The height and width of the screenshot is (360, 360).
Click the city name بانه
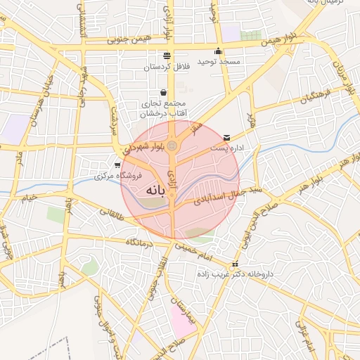pyautogui.click(x=156, y=191)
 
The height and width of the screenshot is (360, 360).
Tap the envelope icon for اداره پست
pyautogui.click(x=226, y=137)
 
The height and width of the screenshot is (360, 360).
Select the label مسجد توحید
pyautogui.click(x=219, y=62)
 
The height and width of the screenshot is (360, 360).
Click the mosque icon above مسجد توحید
pyautogui.click(x=219, y=51)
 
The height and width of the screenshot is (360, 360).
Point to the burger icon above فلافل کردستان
pyautogui.click(x=167, y=56)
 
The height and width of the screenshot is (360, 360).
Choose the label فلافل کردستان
pyautogui.click(x=167, y=67)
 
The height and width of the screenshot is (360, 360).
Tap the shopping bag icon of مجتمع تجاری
pyautogui.click(x=164, y=92)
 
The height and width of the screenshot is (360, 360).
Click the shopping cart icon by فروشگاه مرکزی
pyautogui.click(x=117, y=165)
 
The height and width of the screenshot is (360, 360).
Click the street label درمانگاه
pyautogui.click(x=140, y=241)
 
